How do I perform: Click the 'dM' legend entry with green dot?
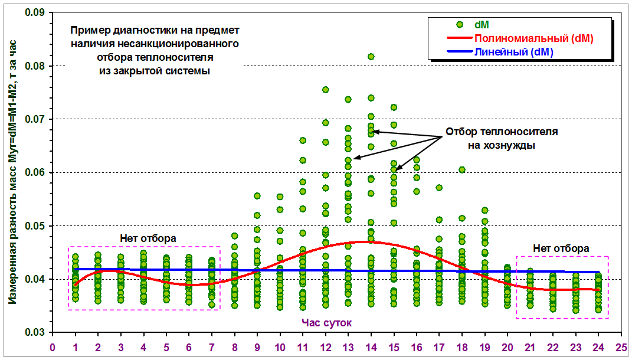[481, 25]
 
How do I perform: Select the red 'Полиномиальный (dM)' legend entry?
[533, 38]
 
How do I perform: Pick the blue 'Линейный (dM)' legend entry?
[513, 52]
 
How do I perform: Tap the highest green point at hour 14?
[371, 57]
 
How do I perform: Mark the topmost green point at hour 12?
[325, 90]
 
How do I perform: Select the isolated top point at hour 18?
[462, 170]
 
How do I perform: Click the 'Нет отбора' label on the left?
[148, 238]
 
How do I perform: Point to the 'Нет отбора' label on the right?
[560, 248]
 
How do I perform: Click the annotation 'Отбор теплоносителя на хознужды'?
[501, 138]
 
